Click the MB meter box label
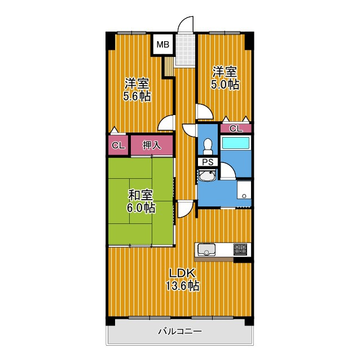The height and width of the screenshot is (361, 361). tap(162, 44)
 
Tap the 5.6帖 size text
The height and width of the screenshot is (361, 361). tap(137, 96)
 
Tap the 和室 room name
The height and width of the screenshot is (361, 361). tap(140, 195)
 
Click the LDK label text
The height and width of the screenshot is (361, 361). tap(182, 274)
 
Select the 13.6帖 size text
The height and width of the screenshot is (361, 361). tap(182, 285)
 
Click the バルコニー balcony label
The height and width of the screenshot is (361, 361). tap(179, 332)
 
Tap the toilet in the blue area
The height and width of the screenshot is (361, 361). tap(208, 146)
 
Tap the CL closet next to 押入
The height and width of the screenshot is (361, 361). tap(118, 146)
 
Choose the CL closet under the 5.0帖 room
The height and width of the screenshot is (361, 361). tap(236, 129)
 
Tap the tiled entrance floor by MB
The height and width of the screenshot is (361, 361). tap(184, 50)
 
